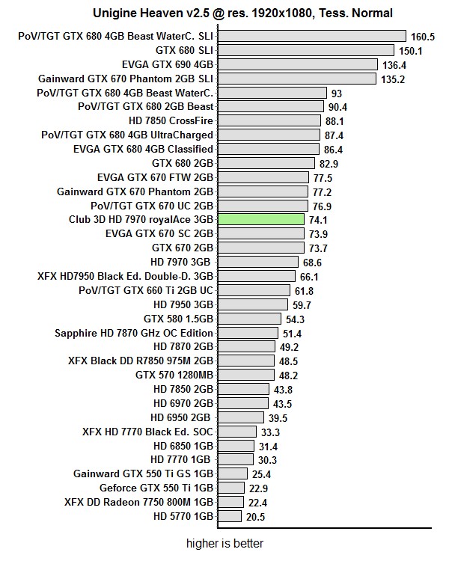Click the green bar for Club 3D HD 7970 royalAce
[x=260, y=219]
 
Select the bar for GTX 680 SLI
[x=305, y=50]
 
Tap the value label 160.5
[x=422, y=37]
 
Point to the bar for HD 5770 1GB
[x=230, y=516]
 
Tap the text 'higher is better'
[x=224, y=543]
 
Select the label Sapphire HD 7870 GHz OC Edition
[x=134, y=333]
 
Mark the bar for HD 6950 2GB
[x=240, y=417]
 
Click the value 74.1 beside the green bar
[x=318, y=220]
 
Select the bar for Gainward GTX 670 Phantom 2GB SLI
[x=297, y=79]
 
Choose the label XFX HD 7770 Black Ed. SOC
[x=148, y=432]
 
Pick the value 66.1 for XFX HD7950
[x=309, y=276]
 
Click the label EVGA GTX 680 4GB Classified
[x=143, y=149]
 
